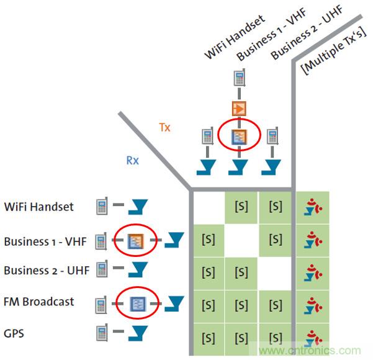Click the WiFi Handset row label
coord(38,207)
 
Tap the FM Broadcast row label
coord(38,302)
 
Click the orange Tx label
coord(164,127)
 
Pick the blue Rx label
coord(132,160)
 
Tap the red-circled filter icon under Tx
coord(238,137)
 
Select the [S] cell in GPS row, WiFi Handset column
coord(208,337)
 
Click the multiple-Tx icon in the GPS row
coord(314,337)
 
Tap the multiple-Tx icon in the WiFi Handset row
coord(314,207)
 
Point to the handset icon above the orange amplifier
coord(239,79)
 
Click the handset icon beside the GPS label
coord(102,333)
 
